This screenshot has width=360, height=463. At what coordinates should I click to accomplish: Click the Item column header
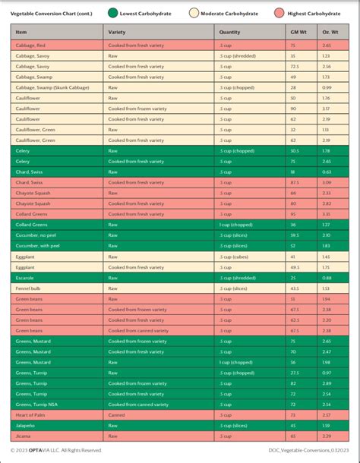pos(21,33)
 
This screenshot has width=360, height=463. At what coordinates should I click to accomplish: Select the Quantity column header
pos(229,33)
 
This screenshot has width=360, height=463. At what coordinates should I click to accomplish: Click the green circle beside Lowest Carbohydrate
pos(113,13)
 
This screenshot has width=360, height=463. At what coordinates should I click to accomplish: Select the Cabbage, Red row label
pos(30,46)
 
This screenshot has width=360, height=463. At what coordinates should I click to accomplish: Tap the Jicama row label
pos(22,436)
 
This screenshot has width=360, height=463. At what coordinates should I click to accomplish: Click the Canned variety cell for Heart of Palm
pos(117,415)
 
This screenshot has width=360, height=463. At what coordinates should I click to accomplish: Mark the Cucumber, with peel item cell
pos(37,246)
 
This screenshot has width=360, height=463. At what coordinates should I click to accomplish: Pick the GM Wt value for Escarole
pos(292,278)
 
